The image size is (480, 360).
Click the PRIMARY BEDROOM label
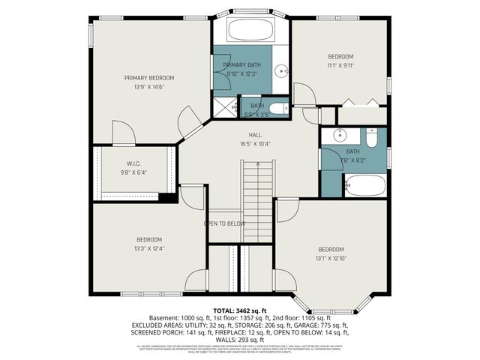(149, 78)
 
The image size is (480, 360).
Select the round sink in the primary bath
(281, 72)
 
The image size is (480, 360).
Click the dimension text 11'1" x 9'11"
(340, 65)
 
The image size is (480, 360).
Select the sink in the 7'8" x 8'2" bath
(337, 136)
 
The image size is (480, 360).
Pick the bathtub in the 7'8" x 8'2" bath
(366, 184)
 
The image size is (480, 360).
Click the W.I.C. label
(134, 163)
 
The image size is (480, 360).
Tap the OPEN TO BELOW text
(225, 223)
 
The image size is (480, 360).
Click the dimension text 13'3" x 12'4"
(148, 248)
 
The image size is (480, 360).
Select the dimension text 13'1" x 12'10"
(331, 258)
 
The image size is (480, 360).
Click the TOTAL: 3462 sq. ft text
(240, 310)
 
